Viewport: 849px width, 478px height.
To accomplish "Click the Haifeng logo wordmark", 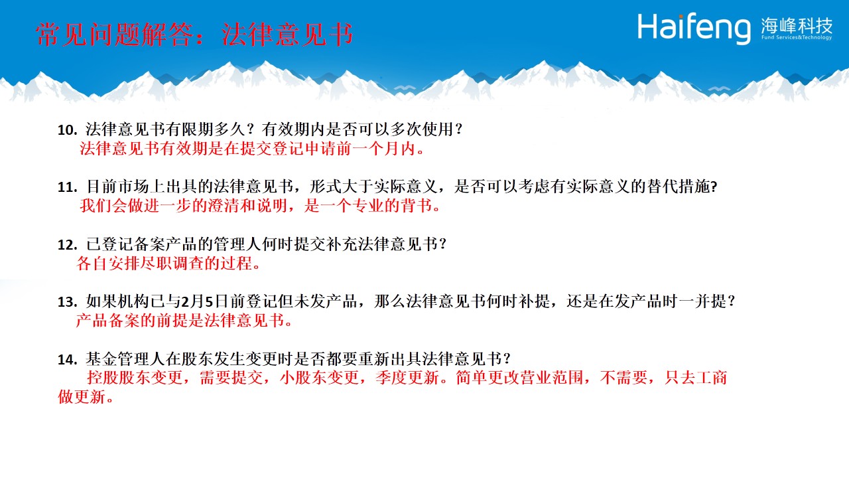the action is (x=694, y=29).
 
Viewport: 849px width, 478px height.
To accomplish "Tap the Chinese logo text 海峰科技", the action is (x=797, y=25).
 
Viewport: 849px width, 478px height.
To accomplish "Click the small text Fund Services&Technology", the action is (x=797, y=37).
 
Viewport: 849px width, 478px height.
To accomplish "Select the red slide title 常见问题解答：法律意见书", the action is (x=194, y=35).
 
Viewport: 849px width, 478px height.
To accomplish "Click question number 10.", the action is (x=67, y=130).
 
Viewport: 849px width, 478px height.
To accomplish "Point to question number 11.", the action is (x=67, y=187).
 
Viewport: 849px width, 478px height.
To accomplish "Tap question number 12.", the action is (x=67, y=245).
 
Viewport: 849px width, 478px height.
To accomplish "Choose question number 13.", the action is (x=67, y=302).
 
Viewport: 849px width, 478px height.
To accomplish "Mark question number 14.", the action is (x=67, y=360).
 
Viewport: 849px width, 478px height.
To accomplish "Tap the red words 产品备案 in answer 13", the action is (x=107, y=321).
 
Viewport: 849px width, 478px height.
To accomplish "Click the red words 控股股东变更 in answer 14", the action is (x=135, y=378).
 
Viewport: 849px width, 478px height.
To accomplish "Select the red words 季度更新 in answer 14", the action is (x=407, y=378).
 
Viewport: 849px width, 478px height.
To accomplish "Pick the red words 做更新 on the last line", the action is (x=82, y=397).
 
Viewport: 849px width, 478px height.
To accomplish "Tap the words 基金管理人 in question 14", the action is (x=125, y=359).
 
